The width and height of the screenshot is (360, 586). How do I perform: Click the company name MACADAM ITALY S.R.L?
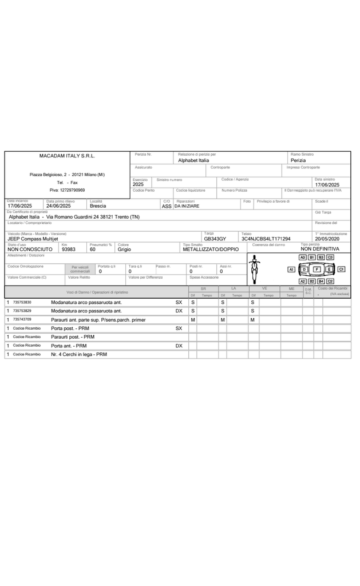[67, 156]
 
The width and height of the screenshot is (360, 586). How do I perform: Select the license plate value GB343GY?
[215, 239]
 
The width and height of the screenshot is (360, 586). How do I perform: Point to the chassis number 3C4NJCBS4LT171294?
[266, 239]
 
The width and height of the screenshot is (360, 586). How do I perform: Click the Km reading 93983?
[68, 250]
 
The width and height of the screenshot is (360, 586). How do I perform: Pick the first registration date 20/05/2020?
[327, 239]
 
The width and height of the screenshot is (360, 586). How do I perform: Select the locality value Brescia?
[98, 206]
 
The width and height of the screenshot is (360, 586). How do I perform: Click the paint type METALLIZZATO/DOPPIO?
[211, 250]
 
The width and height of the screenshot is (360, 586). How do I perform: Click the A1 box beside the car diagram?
[291, 269]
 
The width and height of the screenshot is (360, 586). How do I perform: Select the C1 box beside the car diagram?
[341, 269]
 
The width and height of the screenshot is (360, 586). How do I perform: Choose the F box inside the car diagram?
[317, 269]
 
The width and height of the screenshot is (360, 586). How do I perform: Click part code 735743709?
[22, 319]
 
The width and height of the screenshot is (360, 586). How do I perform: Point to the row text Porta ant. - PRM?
[69, 346]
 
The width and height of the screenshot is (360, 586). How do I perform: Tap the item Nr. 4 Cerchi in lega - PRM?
[79, 354]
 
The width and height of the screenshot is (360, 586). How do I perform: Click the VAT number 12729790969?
[67, 190]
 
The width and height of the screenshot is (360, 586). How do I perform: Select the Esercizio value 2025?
[138, 185]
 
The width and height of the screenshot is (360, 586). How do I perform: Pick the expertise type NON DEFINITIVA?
[320, 250]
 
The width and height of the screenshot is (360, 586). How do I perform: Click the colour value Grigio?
[124, 250]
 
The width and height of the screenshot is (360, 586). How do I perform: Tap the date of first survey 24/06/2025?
[58, 206]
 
